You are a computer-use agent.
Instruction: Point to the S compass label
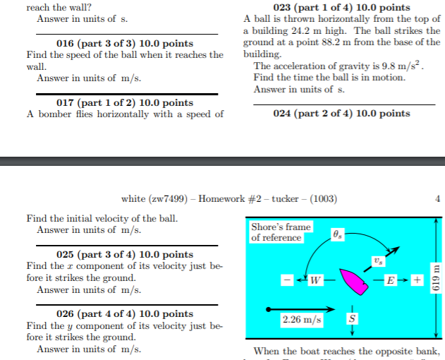coord(351,318)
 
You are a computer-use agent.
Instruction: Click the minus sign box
coord(288,281)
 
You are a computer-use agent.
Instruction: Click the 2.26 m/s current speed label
coord(301,320)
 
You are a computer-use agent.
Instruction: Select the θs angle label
coord(338,234)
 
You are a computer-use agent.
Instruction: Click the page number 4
coord(438,198)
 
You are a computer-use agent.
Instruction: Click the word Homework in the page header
coord(222,198)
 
